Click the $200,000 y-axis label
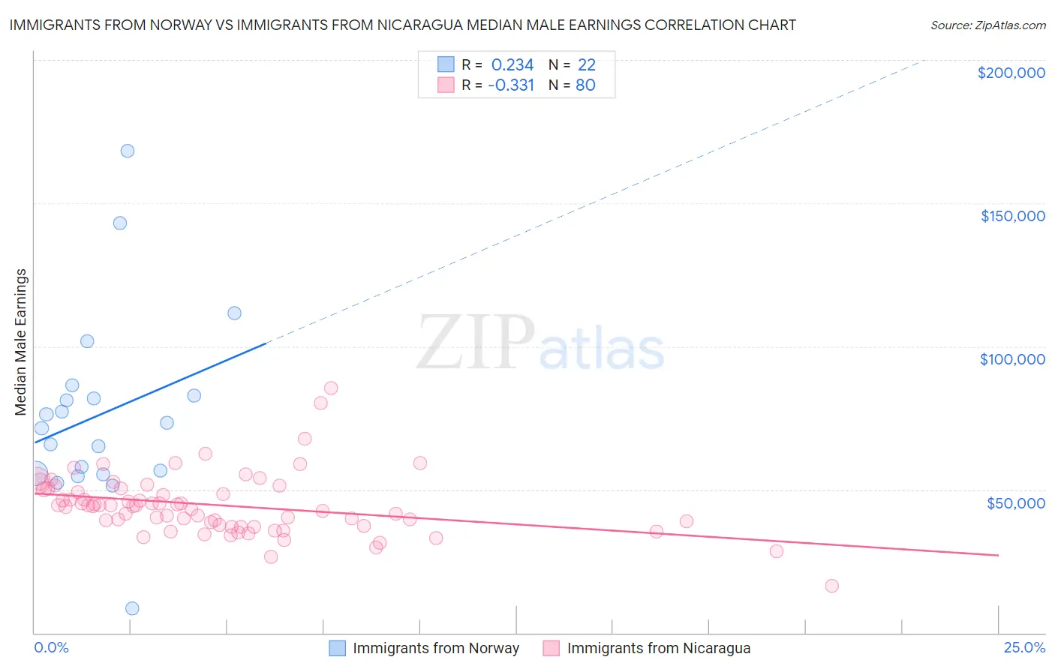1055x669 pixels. tap(1011, 73)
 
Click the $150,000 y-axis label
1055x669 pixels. tap(1012, 216)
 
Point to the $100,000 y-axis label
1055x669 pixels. tap(1012, 359)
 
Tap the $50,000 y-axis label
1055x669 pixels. tap(1015, 502)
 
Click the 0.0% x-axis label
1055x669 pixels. tap(51, 647)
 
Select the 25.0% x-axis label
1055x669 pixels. tap(1024, 647)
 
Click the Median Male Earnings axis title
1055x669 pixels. tap(21, 342)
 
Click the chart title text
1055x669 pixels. tap(402, 25)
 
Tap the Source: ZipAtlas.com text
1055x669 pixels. tap(987, 25)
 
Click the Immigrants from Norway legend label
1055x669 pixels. tap(436, 648)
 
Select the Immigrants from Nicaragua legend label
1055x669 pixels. tap(659, 648)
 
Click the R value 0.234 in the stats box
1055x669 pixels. tap(512, 65)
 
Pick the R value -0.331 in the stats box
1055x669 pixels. tap(511, 85)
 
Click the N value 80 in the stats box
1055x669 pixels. tap(585, 85)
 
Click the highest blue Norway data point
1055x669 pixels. tap(128, 151)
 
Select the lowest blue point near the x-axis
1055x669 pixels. tap(132, 608)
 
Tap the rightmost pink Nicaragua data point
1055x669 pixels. tap(831, 586)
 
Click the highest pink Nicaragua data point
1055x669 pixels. tap(331, 388)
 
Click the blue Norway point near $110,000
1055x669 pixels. tap(234, 313)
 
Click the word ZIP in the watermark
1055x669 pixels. tap(475, 343)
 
